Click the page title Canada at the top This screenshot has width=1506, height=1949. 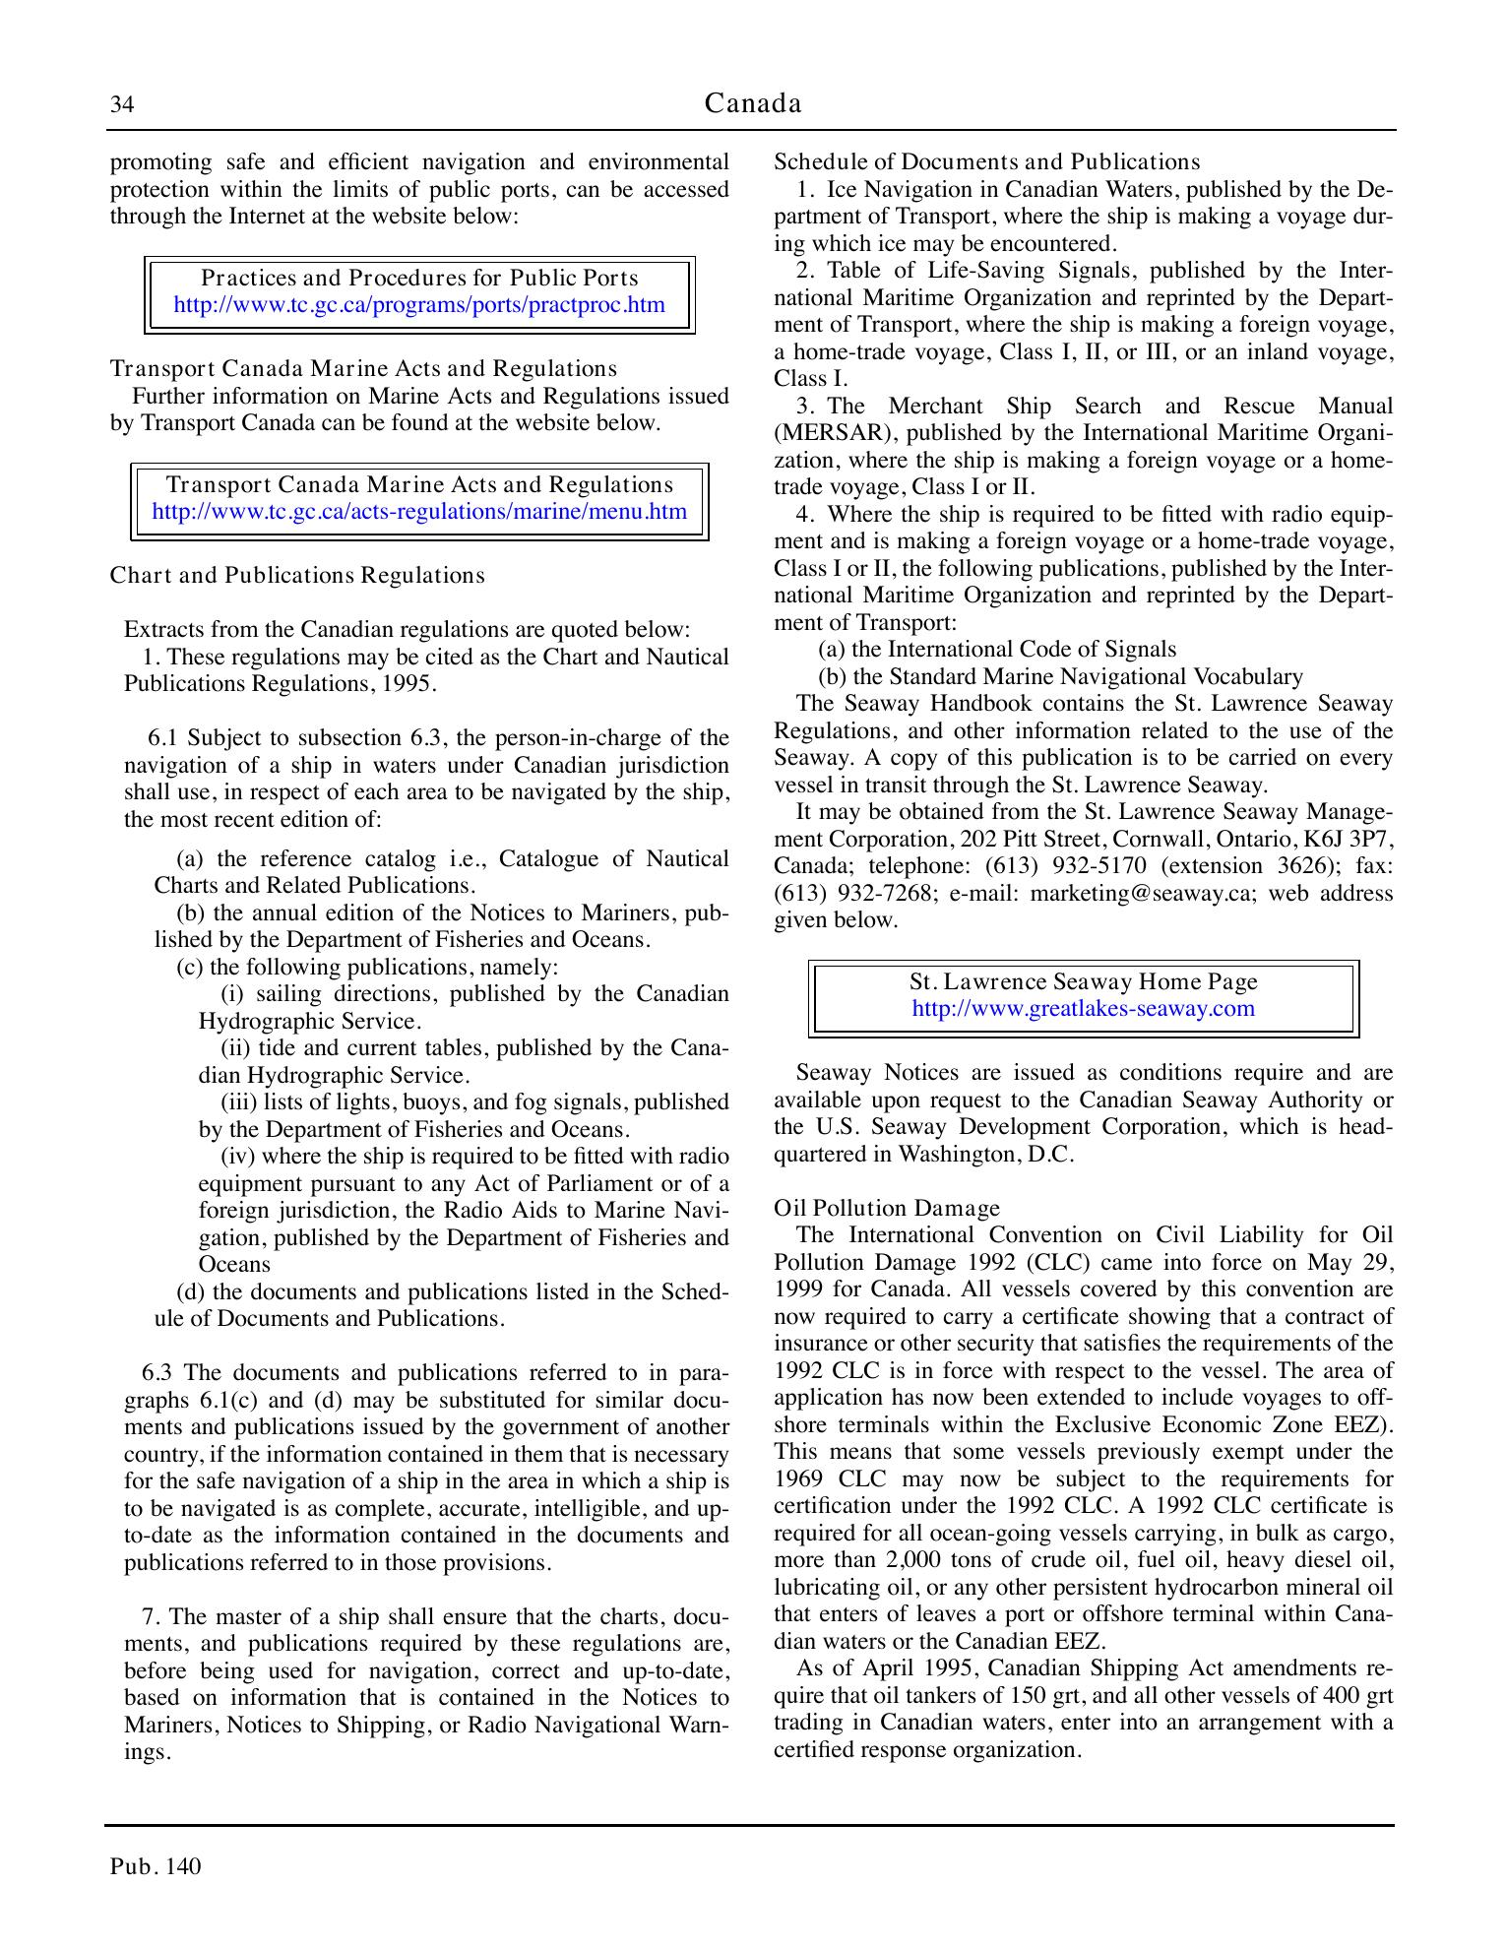click(753, 103)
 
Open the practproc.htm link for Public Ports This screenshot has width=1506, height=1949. click(419, 305)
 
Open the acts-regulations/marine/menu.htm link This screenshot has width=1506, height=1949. click(419, 512)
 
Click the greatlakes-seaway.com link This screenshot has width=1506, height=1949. click(1083, 1009)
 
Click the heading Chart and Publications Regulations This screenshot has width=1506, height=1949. click(297, 576)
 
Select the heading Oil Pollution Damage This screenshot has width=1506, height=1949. click(887, 1209)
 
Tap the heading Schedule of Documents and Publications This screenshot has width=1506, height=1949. click(987, 162)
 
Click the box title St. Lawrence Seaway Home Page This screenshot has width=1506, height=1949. click(1083, 982)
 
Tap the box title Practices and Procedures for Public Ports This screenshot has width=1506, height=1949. click(419, 279)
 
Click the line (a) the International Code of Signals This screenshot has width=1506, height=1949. click(997, 650)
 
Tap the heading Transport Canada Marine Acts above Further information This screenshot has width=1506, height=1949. click(363, 369)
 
